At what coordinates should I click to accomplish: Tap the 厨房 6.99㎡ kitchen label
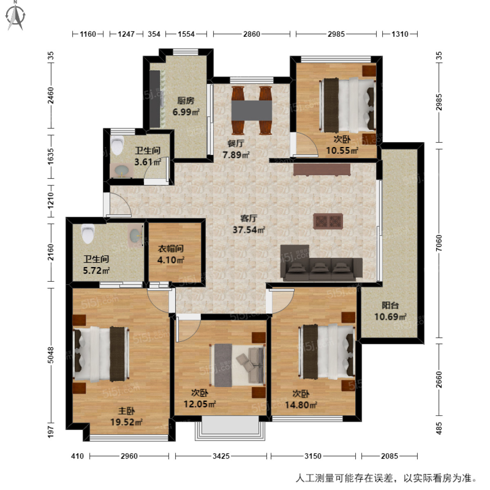pos(185,106)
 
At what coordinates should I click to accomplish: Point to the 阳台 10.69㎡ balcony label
pos(390,311)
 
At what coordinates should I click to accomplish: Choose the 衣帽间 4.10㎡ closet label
pos(170,254)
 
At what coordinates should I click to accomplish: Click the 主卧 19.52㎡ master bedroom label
pos(126,417)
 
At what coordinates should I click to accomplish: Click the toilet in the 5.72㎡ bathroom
pos(87,234)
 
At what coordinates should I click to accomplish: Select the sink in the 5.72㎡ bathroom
pos(135,235)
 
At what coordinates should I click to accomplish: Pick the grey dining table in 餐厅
pos(252,110)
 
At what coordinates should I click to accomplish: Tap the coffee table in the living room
pos(328,221)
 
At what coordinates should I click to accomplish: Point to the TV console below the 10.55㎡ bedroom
pos(322,169)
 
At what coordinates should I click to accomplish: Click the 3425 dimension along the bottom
pos(221,456)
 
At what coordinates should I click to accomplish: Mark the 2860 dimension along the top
pos(252,34)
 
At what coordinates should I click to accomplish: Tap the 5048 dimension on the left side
pos(51,355)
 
